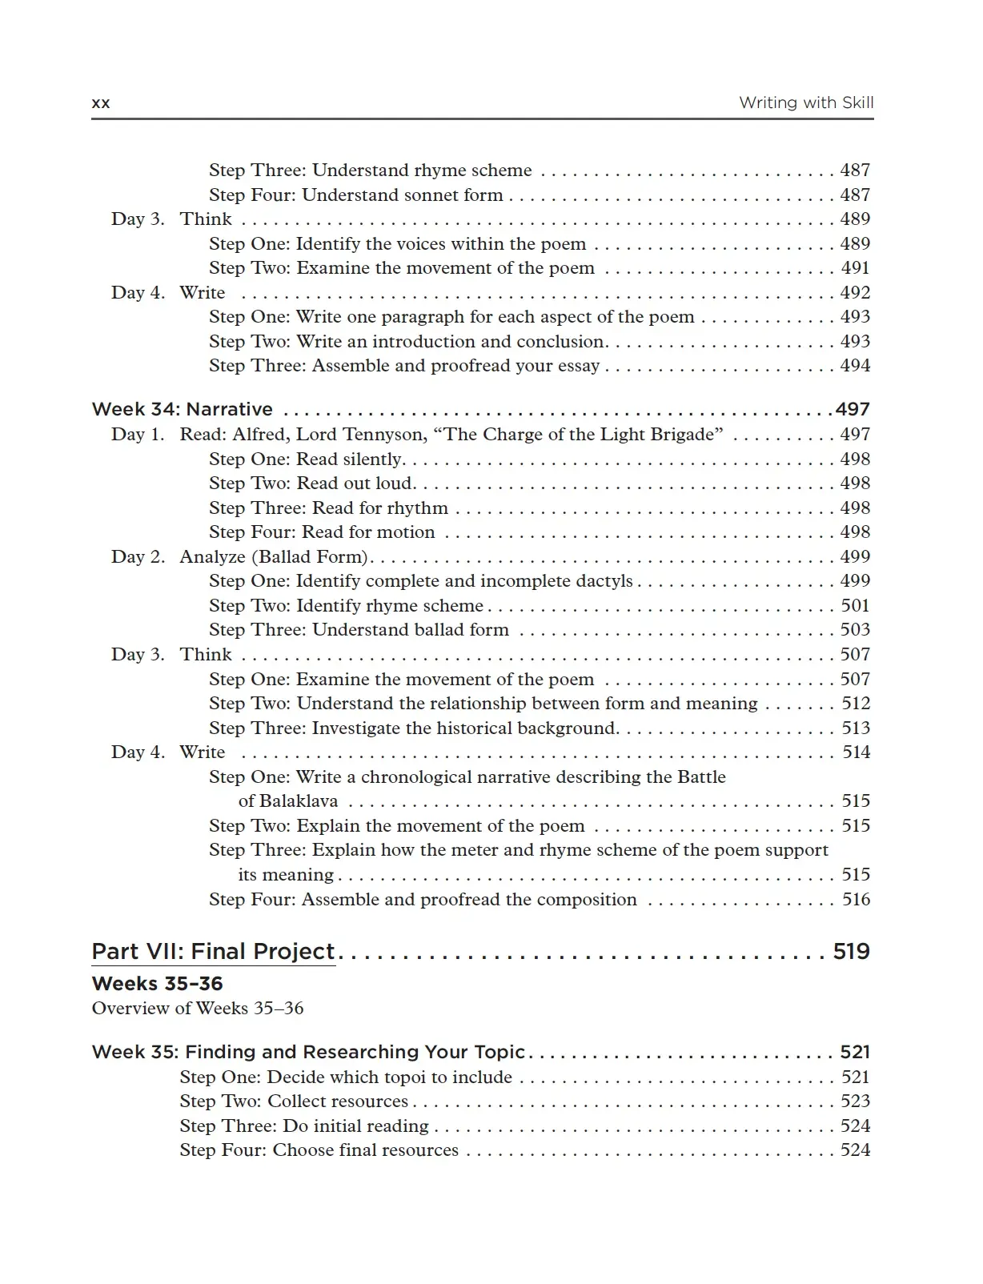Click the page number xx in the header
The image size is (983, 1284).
[x=101, y=103]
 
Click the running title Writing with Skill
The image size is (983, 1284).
[x=805, y=102]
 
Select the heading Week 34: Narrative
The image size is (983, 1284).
[x=183, y=409]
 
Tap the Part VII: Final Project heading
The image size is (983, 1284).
[x=213, y=951]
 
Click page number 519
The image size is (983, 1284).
[x=851, y=951]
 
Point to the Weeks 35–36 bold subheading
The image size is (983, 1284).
[x=157, y=983]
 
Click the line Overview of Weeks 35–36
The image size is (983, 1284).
[x=198, y=1008]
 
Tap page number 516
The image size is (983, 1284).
[x=856, y=899]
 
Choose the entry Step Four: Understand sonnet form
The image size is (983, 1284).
[x=356, y=195]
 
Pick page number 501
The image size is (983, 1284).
[x=855, y=605]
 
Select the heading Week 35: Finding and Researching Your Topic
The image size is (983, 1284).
[x=308, y=1052]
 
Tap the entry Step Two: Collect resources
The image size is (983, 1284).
[x=294, y=1101]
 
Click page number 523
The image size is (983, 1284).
[x=855, y=1101]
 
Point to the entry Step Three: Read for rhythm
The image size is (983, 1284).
[x=328, y=508]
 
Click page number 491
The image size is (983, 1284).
[x=855, y=267]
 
